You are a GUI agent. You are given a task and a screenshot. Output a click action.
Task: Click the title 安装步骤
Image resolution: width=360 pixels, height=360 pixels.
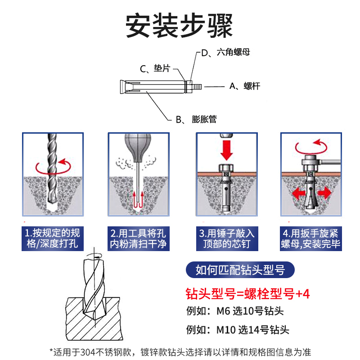pos(180,26)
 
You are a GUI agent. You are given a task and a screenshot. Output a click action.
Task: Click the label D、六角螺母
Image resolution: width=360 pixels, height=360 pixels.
pos(225,53)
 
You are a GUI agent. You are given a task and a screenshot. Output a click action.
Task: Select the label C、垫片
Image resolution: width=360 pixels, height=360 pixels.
pos(155,68)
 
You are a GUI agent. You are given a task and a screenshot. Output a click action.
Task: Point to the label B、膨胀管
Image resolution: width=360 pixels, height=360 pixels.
pos(196,119)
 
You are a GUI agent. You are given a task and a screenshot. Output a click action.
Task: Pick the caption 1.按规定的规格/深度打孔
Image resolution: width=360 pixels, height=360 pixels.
pos(53,238)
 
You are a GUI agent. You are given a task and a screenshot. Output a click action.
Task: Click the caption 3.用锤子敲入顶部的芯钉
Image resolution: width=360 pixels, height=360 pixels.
pos(227,238)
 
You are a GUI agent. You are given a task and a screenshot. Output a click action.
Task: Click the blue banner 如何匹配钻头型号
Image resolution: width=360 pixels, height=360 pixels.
pos(241,270)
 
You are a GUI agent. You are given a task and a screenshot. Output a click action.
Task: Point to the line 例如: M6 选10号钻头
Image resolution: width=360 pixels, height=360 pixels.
pos(235,311)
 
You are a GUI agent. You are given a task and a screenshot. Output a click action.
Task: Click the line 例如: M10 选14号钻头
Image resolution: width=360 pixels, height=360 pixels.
pos(238,330)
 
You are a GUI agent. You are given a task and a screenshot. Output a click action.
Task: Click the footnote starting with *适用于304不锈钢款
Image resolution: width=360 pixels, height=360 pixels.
pos(180,351)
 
